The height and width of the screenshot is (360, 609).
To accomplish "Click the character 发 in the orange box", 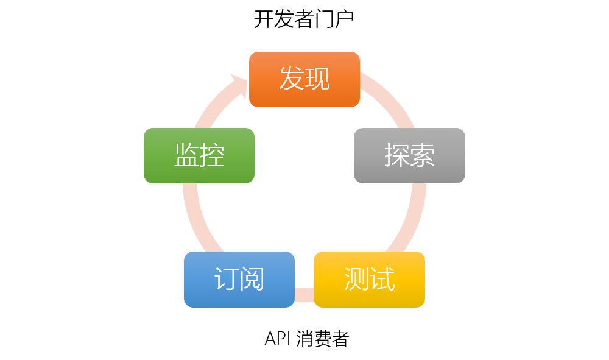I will (292, 79).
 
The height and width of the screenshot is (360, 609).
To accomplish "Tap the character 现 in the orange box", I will (317, 79).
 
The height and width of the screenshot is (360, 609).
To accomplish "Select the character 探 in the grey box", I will (396, 155).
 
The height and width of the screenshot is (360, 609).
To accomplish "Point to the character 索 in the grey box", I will (422, 155).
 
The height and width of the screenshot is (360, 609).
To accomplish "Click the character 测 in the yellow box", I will (356, 279).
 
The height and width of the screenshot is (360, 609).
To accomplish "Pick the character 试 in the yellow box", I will (382, 279).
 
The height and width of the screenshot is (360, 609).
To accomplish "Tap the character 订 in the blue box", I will (227, 279).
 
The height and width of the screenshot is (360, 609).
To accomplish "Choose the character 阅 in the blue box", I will (252, 279).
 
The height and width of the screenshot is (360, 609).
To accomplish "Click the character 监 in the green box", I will (186, 155).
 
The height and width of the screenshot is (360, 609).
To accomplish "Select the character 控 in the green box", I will (212, 155).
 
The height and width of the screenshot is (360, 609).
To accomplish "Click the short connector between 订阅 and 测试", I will (304, 294).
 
